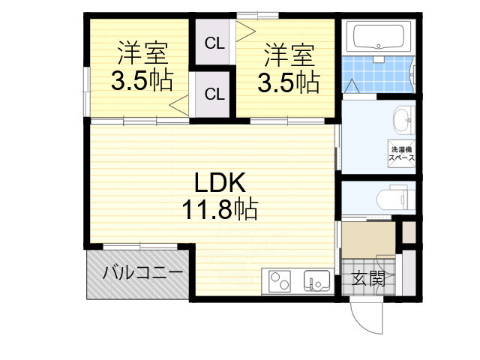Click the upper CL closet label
(214, 43)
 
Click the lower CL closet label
(214, 94)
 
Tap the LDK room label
(217, 182)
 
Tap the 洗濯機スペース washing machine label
(401, 154)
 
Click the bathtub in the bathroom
(379, 37)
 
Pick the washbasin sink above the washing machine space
(402, 118)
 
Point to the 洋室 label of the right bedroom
(288, 55)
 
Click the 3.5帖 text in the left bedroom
(142, 81)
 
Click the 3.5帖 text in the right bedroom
(288, 82)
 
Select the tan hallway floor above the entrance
(368, 239)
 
